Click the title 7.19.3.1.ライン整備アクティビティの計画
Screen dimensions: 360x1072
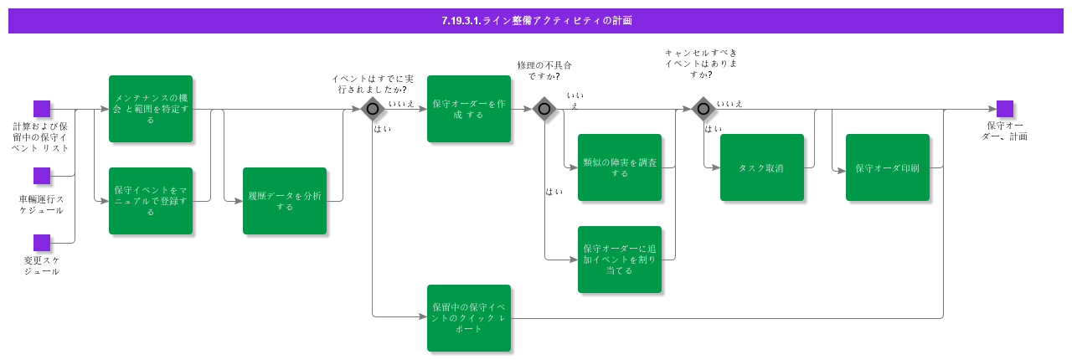click(x=536, y=21)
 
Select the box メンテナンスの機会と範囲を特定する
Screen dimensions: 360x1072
click(x=151, y=109)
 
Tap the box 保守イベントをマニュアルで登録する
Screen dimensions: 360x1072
click(x=151, y=201)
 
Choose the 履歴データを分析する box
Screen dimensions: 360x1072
click(x=285, y=201)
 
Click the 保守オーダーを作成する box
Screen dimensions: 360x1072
click(x=469, y=109)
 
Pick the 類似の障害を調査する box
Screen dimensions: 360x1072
click(x=620, y=167)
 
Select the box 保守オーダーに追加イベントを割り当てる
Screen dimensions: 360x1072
click(x=620, y=260)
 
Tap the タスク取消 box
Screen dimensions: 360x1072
click(x=762, y=167)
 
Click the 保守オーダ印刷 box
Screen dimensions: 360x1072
click(x=888, y=167)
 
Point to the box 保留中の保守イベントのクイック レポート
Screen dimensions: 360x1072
click(x=469, y=318)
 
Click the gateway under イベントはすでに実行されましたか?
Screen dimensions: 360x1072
click(x=373, y=109)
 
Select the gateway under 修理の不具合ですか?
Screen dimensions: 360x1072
click(x=544, y=109)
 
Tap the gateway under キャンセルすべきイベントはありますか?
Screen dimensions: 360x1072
click(x=703, y=109)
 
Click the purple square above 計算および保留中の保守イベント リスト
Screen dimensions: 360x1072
click(x=42, y=109)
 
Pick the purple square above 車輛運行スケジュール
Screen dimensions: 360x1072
click(x=42, y=176)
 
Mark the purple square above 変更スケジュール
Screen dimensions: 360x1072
click(x=42, y=243)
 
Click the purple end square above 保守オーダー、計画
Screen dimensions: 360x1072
click(x=1005, y=109)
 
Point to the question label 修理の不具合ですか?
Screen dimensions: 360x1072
click(x=544, y=70)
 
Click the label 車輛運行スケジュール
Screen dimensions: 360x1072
click(x=42, y=204)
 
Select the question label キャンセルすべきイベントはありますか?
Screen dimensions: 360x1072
click(x=701, y=63)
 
